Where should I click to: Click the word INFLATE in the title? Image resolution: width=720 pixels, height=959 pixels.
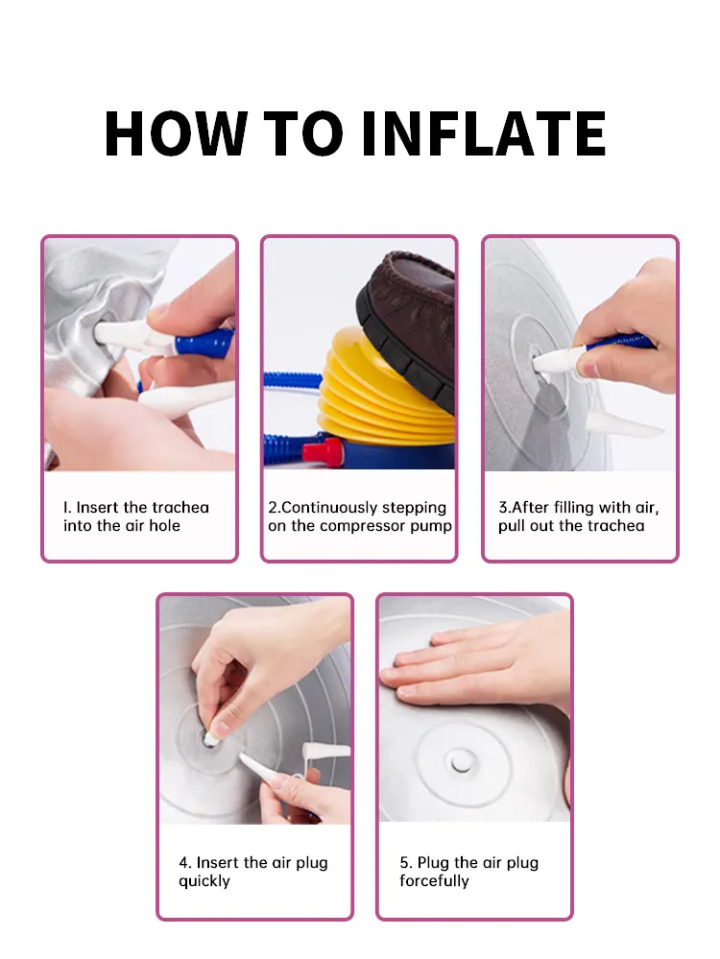(484, 134)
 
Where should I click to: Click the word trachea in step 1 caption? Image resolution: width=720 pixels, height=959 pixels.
(180, 507)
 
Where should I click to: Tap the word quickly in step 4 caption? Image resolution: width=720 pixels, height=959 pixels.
(204, 880)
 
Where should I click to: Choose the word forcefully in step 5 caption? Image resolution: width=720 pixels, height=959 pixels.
(434, 880)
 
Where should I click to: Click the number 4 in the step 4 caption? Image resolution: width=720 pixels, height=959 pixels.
(183, 862)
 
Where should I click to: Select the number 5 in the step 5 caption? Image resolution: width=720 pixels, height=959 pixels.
(404, 862)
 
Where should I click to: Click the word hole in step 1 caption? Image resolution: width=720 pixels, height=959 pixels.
(164, 525)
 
